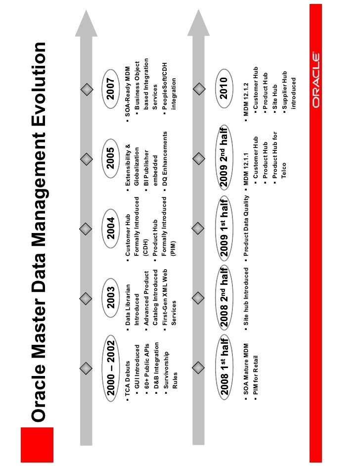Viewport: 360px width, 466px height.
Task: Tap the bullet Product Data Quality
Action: (246, 227)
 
